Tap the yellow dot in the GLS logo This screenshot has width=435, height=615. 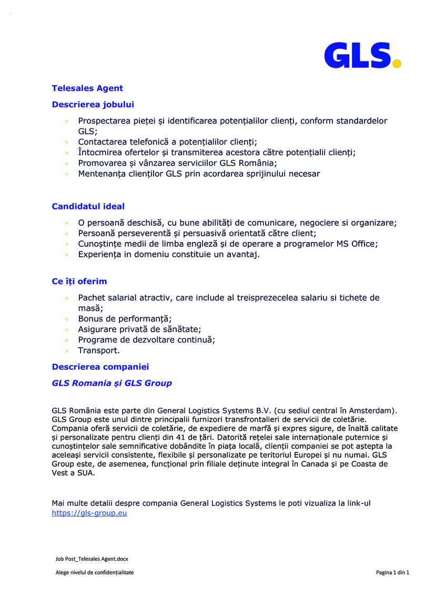[x=397, y=64]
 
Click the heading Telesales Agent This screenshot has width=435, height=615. [x=87, y=88]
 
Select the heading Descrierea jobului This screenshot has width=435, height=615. [x=93, y=105]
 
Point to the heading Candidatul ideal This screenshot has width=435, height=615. [x=88, y=206]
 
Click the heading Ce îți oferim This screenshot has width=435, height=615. [x=79, y=281]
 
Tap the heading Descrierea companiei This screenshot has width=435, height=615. [x=100, y=366]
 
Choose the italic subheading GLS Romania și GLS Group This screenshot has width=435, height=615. [x=112, y=383]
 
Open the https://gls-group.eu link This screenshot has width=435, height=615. [x=89, y=513]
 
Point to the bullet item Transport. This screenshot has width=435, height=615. [x=99, y=350]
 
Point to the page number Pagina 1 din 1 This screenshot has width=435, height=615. [x=392, y=572]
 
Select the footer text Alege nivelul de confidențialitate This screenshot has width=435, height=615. [x=95, y=572]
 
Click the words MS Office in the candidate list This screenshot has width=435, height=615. [x=356, y=244]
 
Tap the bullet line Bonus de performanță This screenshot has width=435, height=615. [x=125, y=319]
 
